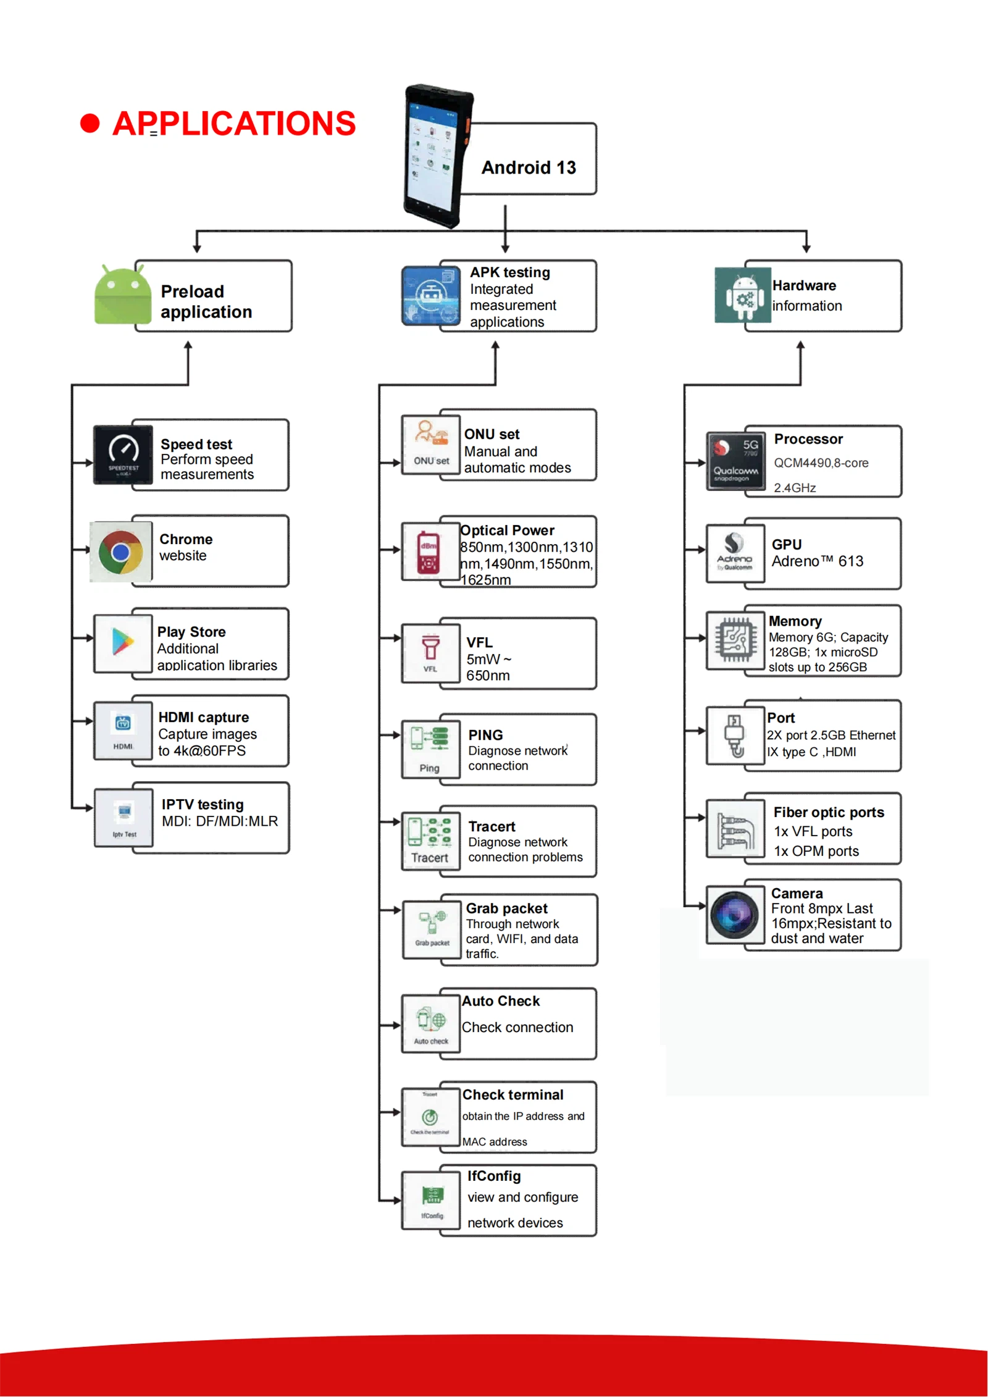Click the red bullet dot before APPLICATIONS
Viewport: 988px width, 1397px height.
click(90, 123)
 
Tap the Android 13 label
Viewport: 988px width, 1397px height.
click(529, 167)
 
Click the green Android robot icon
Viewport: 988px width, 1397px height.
click(123, 295)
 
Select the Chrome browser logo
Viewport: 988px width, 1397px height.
click(121, 552)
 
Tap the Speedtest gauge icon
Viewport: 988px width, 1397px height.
click(124, 454)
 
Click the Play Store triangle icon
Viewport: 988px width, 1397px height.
click(123, 642)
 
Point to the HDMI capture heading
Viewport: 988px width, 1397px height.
click(204, 717)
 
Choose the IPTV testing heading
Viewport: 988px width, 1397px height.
click(203, 804)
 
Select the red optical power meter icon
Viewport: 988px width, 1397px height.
click(429, 552)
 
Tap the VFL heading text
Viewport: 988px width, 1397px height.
click(479, 642)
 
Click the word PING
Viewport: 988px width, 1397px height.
click(485, 735)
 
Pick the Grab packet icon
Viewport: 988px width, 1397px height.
click(432, 928)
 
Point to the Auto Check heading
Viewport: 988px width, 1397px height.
click(501, 1001)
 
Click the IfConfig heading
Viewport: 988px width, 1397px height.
click(494, 1176)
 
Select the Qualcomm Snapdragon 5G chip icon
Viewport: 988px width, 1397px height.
click(735, 461)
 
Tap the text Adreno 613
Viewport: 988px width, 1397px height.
click(817, 561)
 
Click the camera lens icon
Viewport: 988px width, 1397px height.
click(734, 915)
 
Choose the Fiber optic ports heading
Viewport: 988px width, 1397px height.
click(829, 812)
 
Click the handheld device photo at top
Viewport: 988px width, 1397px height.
click(436, 157)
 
